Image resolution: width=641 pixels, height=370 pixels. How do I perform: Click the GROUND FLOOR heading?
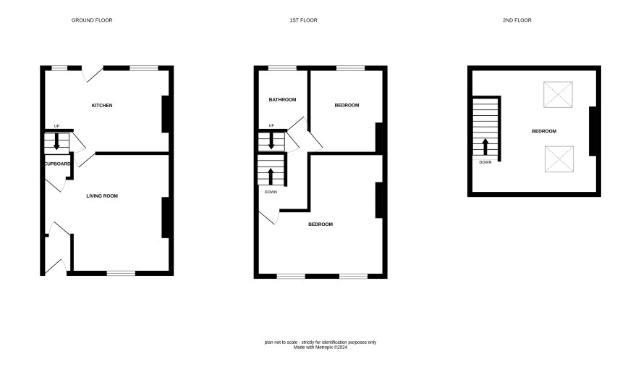pyautogui.click(x=92, y=20)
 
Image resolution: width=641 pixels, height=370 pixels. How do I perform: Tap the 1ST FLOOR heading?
pyautogui.click(x=303, y=20)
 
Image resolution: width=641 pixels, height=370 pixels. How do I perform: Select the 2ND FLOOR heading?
pyautogui.click(x=517, y=20)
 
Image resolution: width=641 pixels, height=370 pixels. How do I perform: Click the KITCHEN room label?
pyautogui.click(x=102, y=106)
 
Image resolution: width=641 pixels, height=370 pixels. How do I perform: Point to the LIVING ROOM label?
pyautogui.click(x=102, y=196)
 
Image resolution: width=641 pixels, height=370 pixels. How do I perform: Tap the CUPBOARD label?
pyautogui.click(x=57, y=164)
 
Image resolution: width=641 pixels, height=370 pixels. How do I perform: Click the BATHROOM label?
pyautogui.click(x=282, y=100)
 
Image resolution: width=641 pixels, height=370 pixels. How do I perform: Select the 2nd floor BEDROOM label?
pyautogui.click(x=544, y=131)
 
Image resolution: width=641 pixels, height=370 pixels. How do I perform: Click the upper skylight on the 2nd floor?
pyautogui.click(x=558, y=95)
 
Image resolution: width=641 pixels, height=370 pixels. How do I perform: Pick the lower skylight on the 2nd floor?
pyautogui.click(x=559, y=159)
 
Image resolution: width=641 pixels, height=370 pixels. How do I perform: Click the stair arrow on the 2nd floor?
pyautogui.click(x=485, y=146)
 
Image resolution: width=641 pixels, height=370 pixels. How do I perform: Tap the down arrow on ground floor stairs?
pyautogui.click(x=57, y=141)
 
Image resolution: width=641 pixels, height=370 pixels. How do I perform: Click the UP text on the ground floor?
pyautogui.click(x=57, y=126)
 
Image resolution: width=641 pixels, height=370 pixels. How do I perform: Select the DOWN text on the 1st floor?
pyautogui.click(x=271, y=192)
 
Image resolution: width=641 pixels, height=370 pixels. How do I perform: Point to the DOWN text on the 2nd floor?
pyautogui.click(x=485, y=162)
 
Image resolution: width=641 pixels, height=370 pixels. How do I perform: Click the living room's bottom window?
pyautogui.click(x=122, y=273)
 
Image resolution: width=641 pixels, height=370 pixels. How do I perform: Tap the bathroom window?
pyautogui.click(x=282, y=68)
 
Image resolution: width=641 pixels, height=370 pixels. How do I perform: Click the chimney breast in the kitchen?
pyautogui.click(x=166, y=114)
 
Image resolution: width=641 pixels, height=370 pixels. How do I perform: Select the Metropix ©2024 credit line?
pyautogui.click(x=320, y=348)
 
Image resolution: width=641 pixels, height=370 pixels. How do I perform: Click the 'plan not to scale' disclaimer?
pyautogui.click(x=320, y=342)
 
